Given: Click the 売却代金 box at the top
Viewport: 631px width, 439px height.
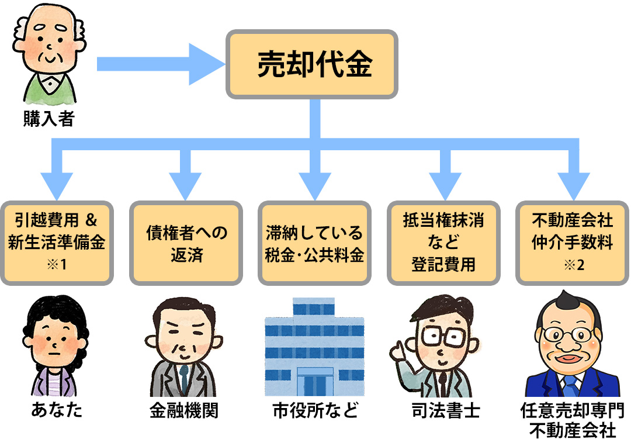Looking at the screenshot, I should (x=313, y=64).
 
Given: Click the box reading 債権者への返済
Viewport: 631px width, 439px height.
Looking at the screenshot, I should (x=186, y=243).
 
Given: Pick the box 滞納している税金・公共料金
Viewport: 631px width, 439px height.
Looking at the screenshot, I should (x=314, y=243).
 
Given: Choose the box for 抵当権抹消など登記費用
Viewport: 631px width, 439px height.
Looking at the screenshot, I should (x=443, y=243).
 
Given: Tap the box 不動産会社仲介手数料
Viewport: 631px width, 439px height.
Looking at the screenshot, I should (x=572, y=243).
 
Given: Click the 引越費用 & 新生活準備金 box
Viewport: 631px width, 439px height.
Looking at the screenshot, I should (x=57, y=243).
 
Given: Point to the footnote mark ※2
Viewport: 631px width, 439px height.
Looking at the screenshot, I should (x=573, y=265).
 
